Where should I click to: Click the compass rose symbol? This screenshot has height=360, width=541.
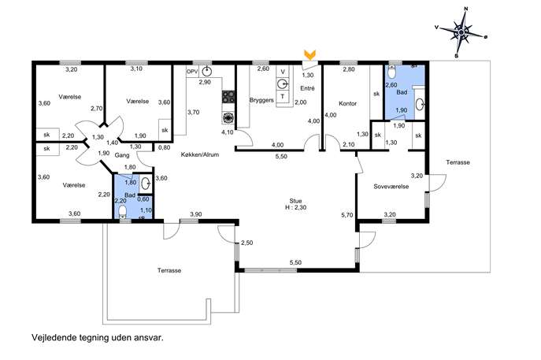(461, 32)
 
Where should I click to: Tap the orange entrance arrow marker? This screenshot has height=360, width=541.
(309, 54)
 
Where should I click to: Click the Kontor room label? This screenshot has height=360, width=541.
(347, 103)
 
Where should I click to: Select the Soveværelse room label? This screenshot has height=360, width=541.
(391, 187)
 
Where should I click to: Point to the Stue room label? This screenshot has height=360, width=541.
(295, 201)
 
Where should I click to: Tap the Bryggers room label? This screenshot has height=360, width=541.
(261, 101)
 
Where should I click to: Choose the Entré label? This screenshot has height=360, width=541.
(307, 88)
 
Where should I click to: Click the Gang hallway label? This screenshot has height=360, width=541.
(122, 155)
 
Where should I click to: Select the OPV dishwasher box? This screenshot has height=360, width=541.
(191, 72)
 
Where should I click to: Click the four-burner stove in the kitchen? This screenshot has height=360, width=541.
(228, 96)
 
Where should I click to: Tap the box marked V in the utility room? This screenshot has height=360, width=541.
(283, 72)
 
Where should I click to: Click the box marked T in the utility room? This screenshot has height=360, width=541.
(283, 97)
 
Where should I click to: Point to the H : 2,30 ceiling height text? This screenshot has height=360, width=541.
(295, 207)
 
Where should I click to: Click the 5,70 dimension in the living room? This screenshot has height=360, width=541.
(347, 215)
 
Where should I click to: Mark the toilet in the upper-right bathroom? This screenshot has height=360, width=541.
(391, 72)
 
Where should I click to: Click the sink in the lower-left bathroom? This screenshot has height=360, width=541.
(146, 184)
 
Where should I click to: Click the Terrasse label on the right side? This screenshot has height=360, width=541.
(458, 162)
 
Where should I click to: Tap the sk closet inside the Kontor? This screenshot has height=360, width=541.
(376, 93)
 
